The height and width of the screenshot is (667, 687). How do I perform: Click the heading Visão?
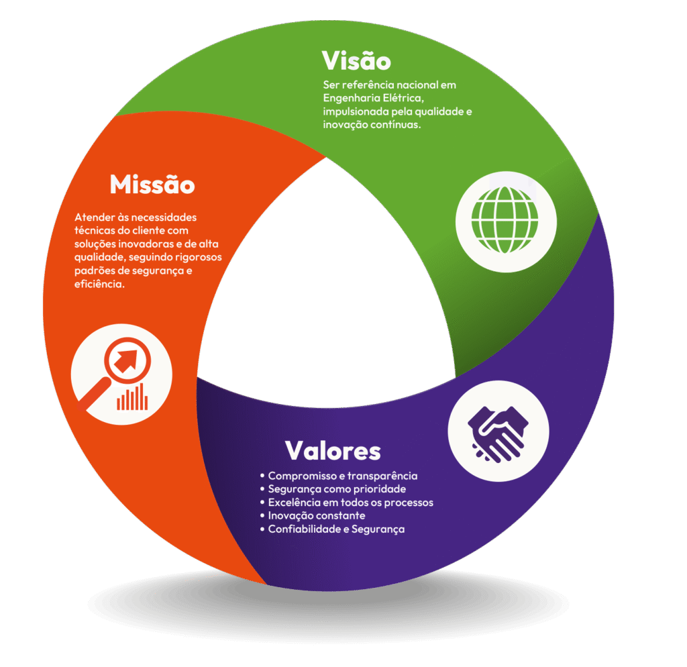tap(356, 61)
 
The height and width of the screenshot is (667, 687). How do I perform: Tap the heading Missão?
tap(152, 184)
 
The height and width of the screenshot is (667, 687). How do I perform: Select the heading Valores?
tap(333, 450)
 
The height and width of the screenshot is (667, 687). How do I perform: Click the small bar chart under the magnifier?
tap(132, 398)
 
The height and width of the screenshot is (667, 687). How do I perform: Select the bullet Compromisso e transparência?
tap(342, 476)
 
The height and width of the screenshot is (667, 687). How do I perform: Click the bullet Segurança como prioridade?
tap(337, 489)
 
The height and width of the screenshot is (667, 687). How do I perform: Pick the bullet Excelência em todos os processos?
tap(350, 503)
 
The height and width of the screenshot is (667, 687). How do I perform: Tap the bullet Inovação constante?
tap(316, 516)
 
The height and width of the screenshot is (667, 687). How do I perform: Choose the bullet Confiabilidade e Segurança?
tap(336, 529)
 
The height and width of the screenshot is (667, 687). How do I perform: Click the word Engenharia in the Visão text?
tap(350, 99)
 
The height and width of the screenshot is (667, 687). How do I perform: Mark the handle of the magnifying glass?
tap(93, 395)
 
